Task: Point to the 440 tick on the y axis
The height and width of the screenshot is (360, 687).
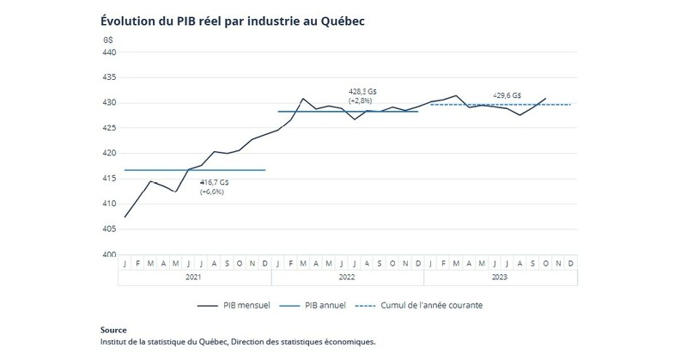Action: click(109, 52)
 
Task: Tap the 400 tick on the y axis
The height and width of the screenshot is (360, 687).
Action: click(109, 254)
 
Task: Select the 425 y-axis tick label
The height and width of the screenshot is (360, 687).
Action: click(109, 128)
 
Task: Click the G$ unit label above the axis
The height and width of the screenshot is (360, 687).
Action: click(108, 40)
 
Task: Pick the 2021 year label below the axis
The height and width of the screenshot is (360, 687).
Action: click(194, 278)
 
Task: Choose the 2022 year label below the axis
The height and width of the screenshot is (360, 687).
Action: click(347, 278)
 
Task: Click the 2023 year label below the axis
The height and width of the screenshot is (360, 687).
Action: click(501, 278)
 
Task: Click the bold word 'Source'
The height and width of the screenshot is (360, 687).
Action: click(113, 330)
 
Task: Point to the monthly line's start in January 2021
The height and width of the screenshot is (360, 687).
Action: click(126, 217)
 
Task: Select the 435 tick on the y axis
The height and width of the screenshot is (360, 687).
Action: click(109, 77)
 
